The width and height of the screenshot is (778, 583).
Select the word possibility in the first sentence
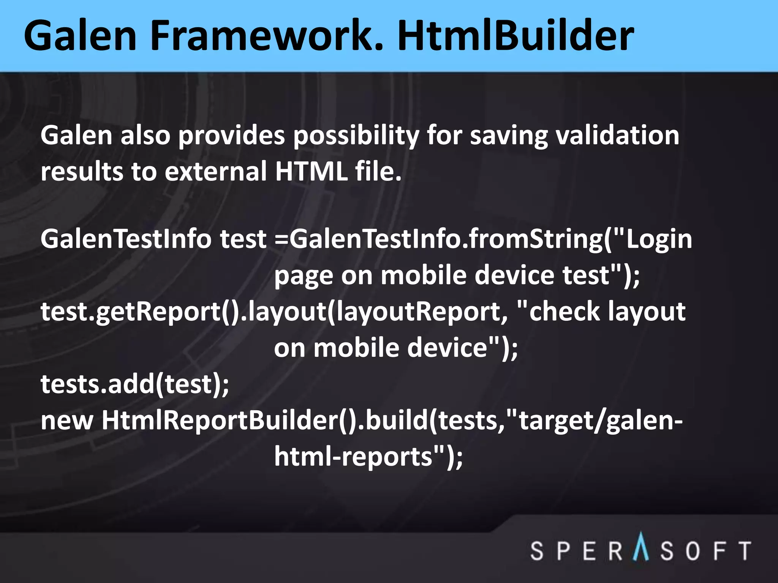(356, 136)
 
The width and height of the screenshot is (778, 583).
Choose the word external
(216, 171)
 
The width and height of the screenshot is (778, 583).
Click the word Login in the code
(659, 240)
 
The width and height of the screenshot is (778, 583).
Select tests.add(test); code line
(135, 384)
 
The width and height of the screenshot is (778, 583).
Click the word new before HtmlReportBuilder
(67, 421)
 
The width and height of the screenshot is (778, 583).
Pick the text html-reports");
(368, 457)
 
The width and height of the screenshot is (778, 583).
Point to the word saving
(509, 136)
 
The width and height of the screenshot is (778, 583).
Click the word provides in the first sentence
(232, 136)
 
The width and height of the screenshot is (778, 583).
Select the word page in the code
(303, 276)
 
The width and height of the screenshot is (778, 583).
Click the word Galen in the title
(80, 36)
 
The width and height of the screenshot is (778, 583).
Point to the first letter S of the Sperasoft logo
(537, 551)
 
